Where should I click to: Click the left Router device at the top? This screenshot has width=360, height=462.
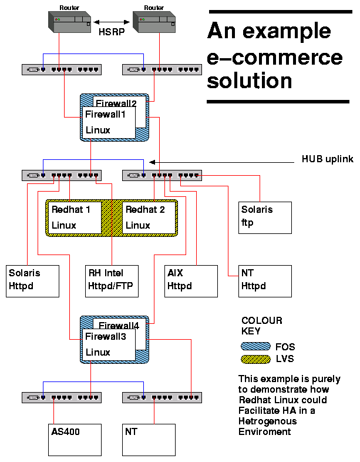click(69, 22)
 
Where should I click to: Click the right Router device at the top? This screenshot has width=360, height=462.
click(154, 22)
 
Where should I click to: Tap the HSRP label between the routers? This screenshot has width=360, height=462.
click(111, 34)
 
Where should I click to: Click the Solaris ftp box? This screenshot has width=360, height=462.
click(265, 217)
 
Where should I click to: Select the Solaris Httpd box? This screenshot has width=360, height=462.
click(33, 280)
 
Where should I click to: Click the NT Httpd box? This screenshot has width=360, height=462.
click(265, 280)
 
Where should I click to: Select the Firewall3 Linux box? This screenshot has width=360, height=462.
click(110, 344)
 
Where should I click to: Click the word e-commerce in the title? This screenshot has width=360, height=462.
click(274, 57)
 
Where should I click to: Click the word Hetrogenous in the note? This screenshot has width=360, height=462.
click(267, 421)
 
